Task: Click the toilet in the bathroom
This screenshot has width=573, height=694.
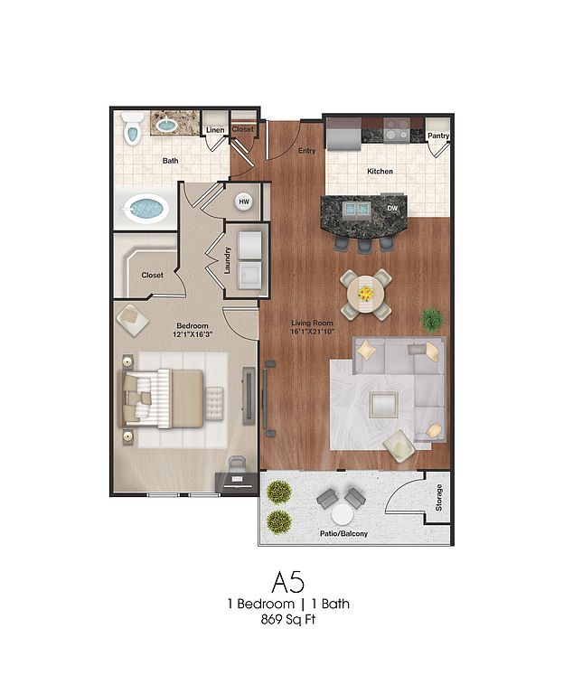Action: (x=133, y=128)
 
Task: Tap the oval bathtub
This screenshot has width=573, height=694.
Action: (x=146, y=209)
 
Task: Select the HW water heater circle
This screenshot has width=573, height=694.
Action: (x=244, y=202)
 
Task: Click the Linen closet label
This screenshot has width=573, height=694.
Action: (x=215, y=130)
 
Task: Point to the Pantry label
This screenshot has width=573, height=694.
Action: (x=438, y=136)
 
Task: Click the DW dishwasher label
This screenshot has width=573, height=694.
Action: (x=392, y=208)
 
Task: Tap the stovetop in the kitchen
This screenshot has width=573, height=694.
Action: (x=397, y=129)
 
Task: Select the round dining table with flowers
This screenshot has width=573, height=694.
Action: (x=366, y=294)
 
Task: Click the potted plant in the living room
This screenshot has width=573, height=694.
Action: (x=432, y=320)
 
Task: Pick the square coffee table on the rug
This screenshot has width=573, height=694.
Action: (x=383, y=405)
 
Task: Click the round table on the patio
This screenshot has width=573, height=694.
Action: (x=343, y=516)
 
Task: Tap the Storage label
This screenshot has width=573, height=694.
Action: (x=439, y=498)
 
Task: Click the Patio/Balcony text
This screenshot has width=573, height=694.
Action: (x=343, y=534)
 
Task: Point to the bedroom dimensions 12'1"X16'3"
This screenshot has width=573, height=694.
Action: (x=193, y=334)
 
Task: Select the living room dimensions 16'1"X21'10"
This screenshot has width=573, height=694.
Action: (x=312, y=331)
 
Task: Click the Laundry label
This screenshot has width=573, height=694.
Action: (x=228, y=260)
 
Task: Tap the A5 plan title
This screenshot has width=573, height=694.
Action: (x=287, y=582)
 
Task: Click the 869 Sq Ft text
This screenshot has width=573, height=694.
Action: (x=287, y=620)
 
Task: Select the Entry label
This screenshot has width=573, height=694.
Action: (x=307, y=151)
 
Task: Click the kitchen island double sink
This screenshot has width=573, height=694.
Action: (x=355, y=209)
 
